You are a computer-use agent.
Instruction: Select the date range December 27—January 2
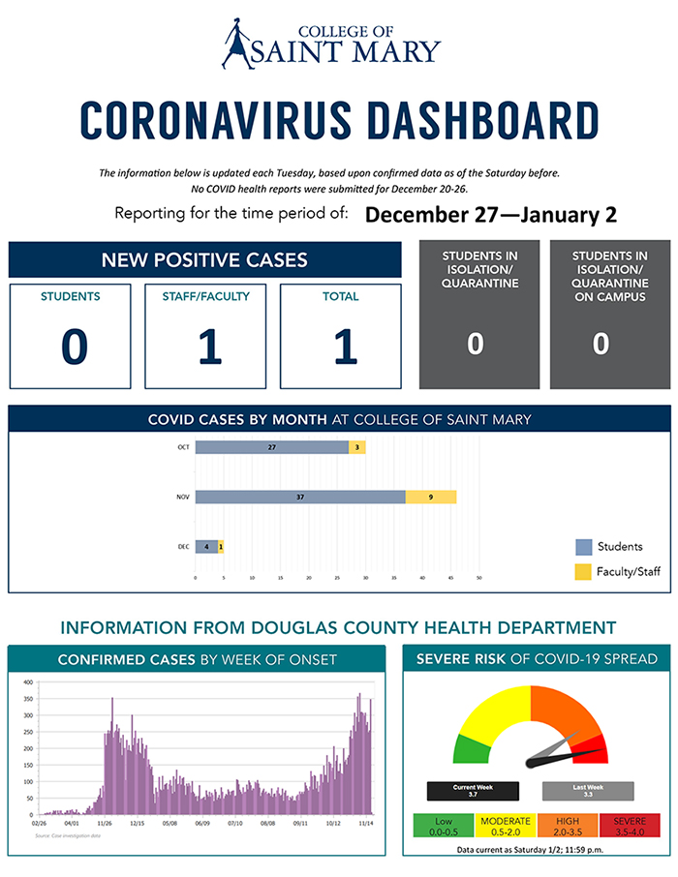(x=491, y=213)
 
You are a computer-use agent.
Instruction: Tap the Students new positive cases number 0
(x=74, y=347)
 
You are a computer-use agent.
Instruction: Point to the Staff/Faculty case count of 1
(x=209, y=347)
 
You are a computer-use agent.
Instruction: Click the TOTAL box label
(x=340, y=296)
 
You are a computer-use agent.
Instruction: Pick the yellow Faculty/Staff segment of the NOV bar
(x=431, y=497)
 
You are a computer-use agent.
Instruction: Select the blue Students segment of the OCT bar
(x=271, y=447)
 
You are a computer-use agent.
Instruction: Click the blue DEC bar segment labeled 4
(x=206, y=547)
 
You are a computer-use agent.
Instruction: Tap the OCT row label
(x=183, y=447)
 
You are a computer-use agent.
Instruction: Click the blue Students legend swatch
(x=584, y=547)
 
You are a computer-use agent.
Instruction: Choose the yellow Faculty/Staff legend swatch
(x=584, y=571)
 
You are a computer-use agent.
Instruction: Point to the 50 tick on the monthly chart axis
(x=478, y=581)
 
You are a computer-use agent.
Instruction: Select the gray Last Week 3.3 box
(x=587, y=790)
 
